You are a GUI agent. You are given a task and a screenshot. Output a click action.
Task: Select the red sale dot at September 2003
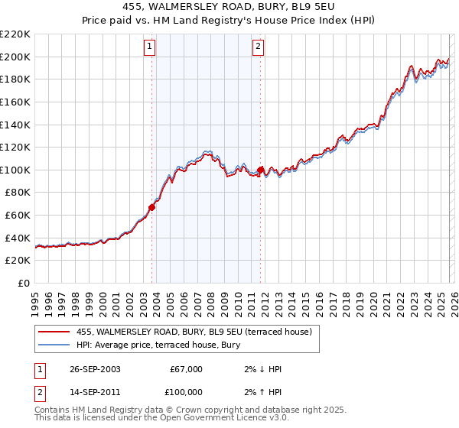[152, 206]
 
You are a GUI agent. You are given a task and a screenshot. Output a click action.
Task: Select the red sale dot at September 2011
[261, 170]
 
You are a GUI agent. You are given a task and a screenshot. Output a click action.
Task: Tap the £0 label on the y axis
[23, 284]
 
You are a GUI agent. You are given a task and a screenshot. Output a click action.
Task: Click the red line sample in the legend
[55, 332]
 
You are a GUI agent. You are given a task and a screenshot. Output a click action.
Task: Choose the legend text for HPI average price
[158, 345]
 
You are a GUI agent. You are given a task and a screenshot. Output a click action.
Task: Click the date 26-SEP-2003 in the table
[89, 369]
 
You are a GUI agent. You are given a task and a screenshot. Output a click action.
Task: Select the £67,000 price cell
[186, 369]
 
